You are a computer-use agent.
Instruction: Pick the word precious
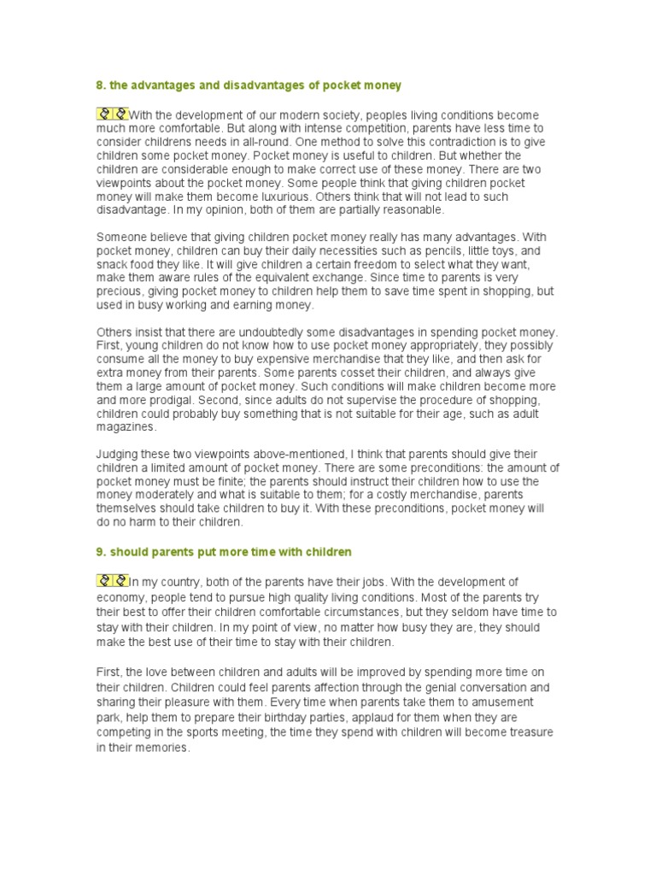pos(120,292)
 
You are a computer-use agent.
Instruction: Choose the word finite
pos(232,483)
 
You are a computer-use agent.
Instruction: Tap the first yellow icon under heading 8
pos(104,114)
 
